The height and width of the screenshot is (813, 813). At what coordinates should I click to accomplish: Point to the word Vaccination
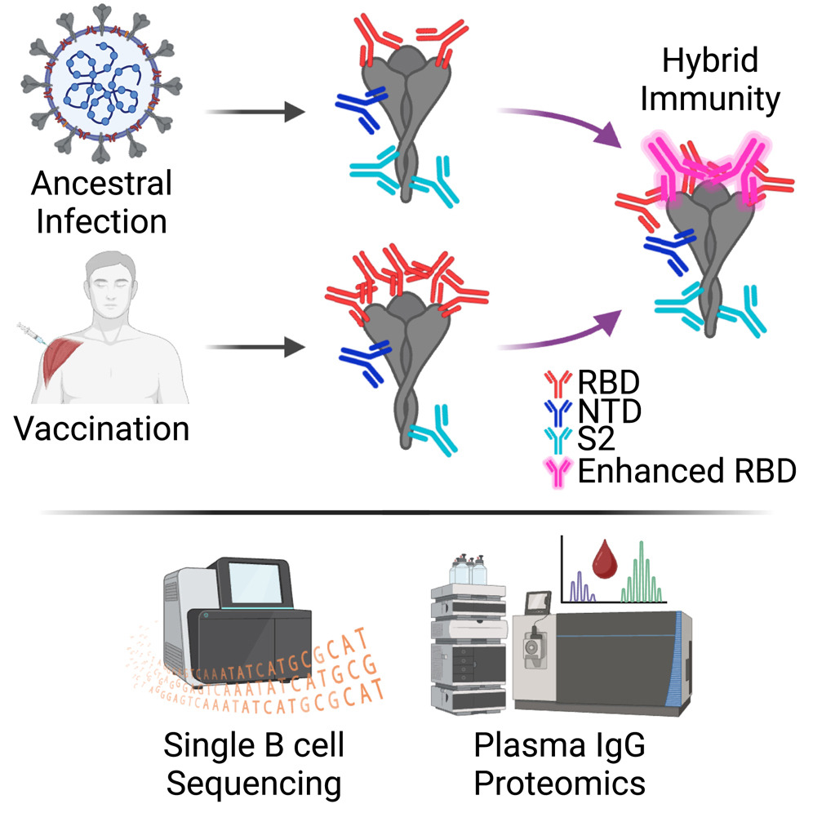pos(102,429)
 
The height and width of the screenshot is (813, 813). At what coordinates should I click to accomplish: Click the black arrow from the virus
pos(249,113)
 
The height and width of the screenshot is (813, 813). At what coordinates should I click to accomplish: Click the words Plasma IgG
pos(560,746)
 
